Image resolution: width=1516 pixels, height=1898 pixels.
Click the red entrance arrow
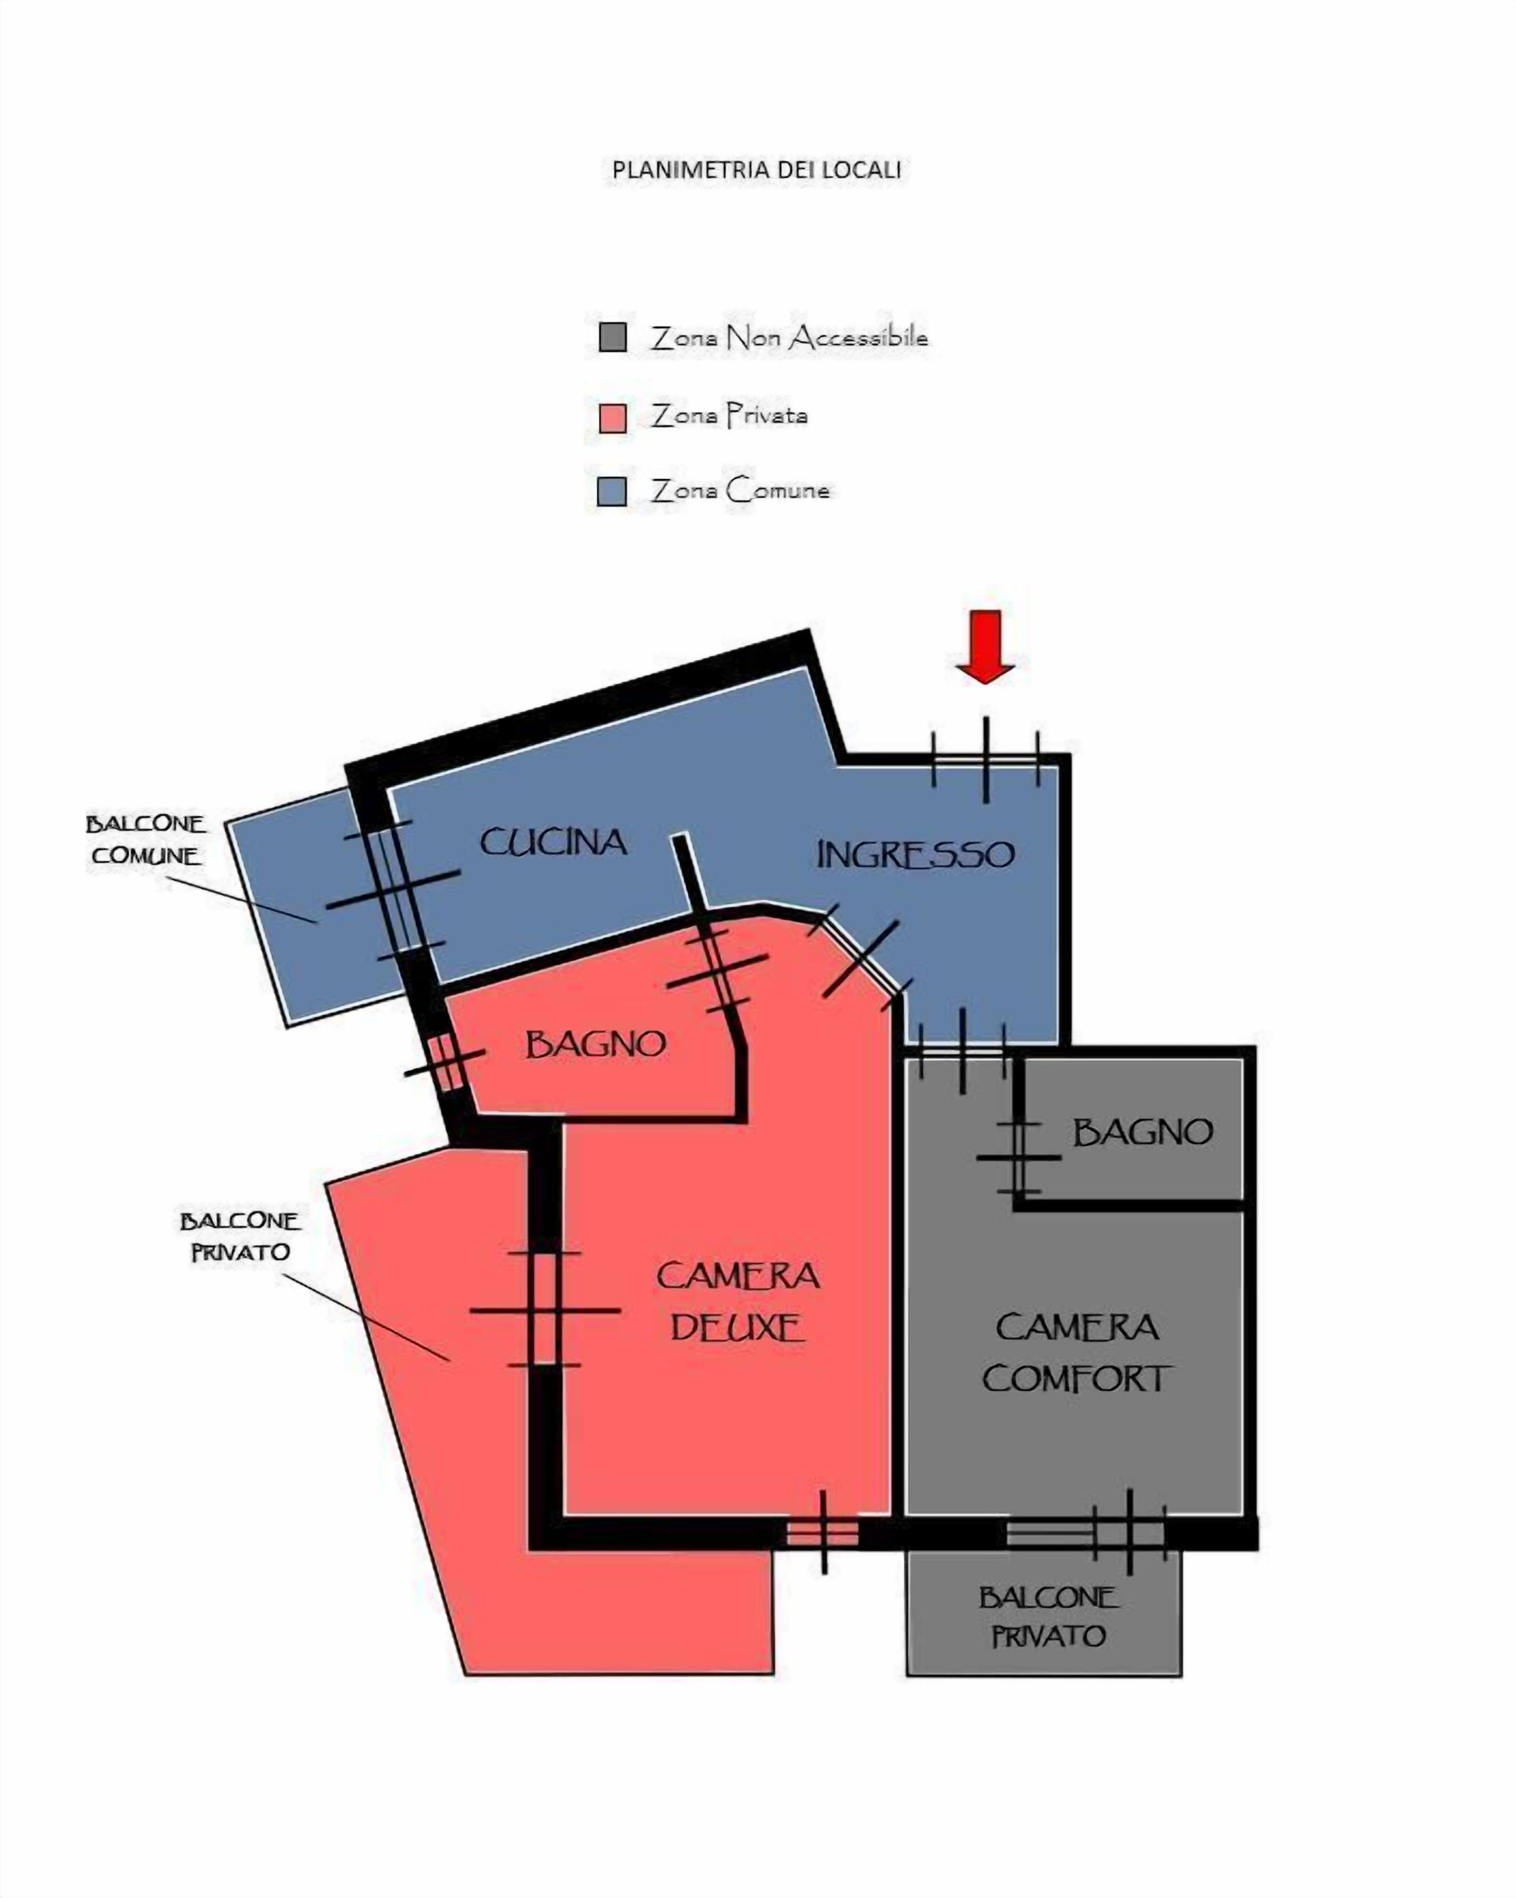[985, 647]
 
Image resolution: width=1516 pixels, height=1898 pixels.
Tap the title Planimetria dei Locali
[756, 170]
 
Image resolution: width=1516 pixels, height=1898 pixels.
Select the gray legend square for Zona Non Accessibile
[613, 337]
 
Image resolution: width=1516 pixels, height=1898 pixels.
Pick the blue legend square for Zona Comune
[612, 491]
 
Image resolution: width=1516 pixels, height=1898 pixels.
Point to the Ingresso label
[916, 855]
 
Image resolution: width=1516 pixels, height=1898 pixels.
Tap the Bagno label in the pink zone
[595, 1045]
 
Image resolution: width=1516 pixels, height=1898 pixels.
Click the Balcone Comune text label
[146, 840]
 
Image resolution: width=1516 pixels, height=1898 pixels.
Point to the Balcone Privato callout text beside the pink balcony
[240, 1236]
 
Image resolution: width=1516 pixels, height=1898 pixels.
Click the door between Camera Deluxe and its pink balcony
[545, 1309]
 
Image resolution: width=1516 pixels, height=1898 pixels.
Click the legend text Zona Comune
[740, 491]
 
